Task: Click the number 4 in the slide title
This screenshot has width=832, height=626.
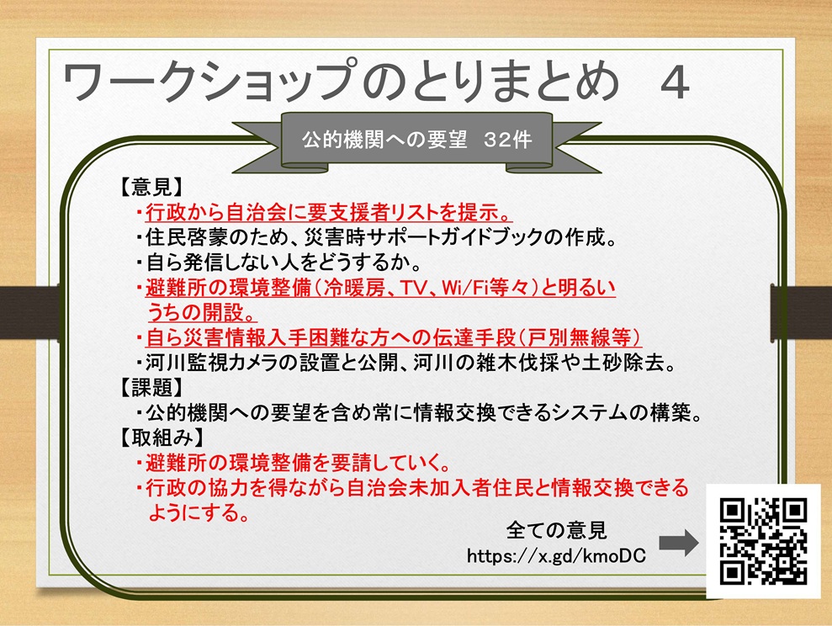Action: [x=675, y=82]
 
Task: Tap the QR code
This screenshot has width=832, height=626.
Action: [x=763, y=541]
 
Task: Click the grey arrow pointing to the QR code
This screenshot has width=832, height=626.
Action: [x=679, y=543]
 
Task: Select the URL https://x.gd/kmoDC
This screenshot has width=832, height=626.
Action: [x=556, y=555]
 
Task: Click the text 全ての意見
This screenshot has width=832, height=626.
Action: [x=557, y=530]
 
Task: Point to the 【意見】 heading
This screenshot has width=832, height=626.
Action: [x=151, y=187]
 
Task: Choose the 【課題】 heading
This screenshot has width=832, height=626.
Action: [x=151, y=387]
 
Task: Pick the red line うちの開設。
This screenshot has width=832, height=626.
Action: [x=202, y=312]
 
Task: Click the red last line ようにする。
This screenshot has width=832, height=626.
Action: [x=199, y=513]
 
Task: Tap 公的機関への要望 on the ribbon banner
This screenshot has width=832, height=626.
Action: [x=384, y=140]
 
